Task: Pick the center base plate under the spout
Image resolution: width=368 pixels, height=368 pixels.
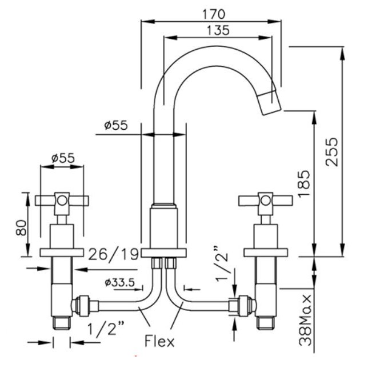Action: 164,254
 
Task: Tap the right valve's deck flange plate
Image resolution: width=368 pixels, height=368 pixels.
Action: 265,253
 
